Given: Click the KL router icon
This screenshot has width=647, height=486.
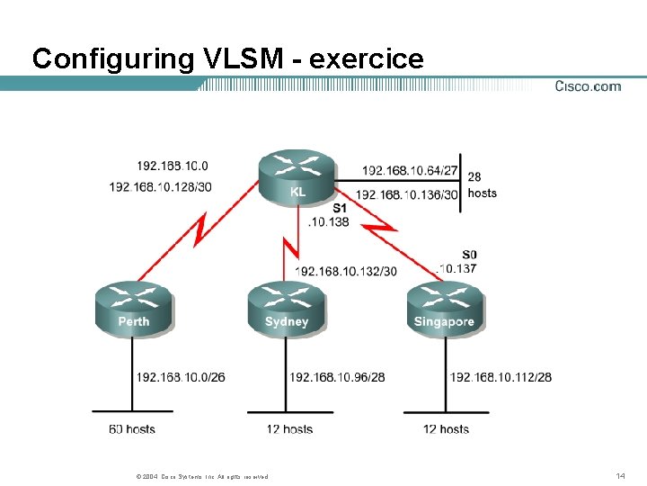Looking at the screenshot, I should [297, 176].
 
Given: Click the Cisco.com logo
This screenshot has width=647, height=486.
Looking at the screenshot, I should [588, 86].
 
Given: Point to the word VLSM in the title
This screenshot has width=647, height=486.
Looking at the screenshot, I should [247, 59].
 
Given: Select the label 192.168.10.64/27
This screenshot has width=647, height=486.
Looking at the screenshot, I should [410, 170].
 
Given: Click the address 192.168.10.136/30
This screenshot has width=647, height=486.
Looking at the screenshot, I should [406, 193].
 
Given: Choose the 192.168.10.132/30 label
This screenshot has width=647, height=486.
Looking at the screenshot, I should [345, 271].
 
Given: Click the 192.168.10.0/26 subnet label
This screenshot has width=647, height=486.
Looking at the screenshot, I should [180, 376].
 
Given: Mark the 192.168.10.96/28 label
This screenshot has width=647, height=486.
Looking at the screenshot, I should [337, 376].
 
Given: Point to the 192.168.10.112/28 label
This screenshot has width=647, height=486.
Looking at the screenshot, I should [501, 376].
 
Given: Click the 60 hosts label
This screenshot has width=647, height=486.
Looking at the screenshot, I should [132, 429].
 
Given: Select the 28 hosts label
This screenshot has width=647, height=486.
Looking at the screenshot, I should [482, 185].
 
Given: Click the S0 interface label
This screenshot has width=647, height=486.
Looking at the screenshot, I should [469, 255].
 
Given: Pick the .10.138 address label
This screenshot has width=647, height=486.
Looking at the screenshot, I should [328, 221].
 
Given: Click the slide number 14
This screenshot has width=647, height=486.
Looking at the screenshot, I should [620, 474].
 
